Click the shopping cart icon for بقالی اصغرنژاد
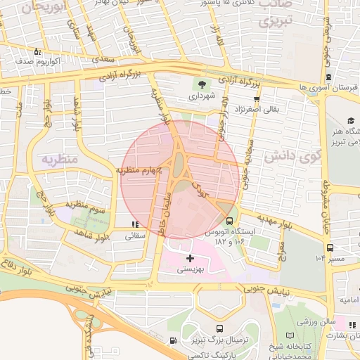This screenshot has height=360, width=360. point(257,99)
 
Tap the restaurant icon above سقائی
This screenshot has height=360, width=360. point(134,225)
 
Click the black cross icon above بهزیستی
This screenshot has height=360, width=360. point(190,259)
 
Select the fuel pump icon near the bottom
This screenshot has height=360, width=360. point(173,341)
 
